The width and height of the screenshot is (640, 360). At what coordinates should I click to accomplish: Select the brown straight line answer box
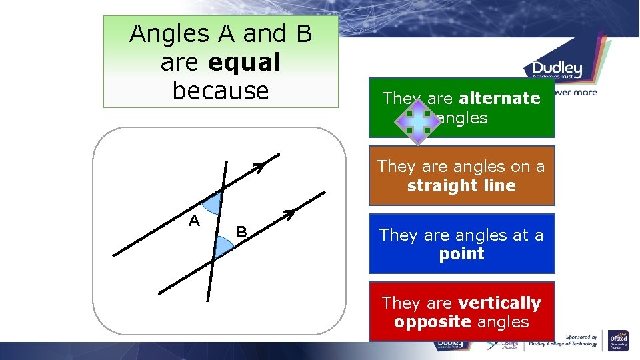click(x=461, y=176)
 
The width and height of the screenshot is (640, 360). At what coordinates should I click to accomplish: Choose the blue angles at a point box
click(x=461, y=244)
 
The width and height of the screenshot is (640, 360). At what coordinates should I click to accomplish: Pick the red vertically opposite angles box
click(x=461, y=312)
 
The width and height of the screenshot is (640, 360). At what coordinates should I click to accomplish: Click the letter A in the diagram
click(x=194, y=221)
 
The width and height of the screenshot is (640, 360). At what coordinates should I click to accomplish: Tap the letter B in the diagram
click(x=242, y=232)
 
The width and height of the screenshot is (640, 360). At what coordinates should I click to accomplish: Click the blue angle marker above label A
click(x=214, y=203)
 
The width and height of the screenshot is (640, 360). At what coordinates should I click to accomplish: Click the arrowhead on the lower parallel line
click(x=289, y=213)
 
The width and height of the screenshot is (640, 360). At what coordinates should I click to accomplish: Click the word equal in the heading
click(x=244, y=62)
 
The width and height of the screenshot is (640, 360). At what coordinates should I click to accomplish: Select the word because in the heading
click(x=221, y=91)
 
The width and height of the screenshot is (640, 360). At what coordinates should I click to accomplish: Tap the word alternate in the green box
click(x=499, y=98)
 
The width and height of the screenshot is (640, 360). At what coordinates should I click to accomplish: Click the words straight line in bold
click(x=461, y=185)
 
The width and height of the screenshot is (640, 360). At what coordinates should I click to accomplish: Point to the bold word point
click(x=461, y=253)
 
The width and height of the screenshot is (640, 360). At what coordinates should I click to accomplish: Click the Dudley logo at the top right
click(x=557, y=69)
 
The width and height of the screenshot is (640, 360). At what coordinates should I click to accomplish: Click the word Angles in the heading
click(x=160, y=33)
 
